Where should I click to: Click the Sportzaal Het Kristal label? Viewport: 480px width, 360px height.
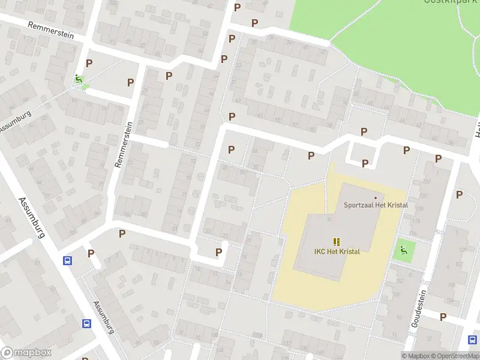pos(376,205)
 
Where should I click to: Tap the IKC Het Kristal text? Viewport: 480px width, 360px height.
pos(337,251)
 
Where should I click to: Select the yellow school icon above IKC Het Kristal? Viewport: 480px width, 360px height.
pos(337,241)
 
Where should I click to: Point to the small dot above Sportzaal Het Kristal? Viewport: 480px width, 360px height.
pos(376,197)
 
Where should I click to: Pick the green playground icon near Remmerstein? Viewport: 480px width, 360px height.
pos(78,79)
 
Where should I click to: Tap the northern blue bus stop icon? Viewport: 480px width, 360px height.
pos(68,261)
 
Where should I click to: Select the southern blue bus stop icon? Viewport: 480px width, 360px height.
pos(87,323)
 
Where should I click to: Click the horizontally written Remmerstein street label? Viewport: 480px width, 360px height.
pos(50,31)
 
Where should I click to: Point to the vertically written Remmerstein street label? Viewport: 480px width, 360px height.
pos(127,145)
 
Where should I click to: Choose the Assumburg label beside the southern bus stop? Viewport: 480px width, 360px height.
pos(103,317)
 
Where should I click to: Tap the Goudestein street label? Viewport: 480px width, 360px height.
pos(418,308)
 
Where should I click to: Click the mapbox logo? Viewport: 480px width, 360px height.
pos(26,353)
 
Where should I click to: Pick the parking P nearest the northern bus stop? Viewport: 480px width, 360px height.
pos(91,253)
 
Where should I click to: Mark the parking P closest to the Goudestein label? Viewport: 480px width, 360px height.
pos(443,317)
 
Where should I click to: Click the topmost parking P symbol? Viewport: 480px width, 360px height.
pos(238,7)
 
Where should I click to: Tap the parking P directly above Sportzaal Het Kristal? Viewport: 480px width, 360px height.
pos(365,163)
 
